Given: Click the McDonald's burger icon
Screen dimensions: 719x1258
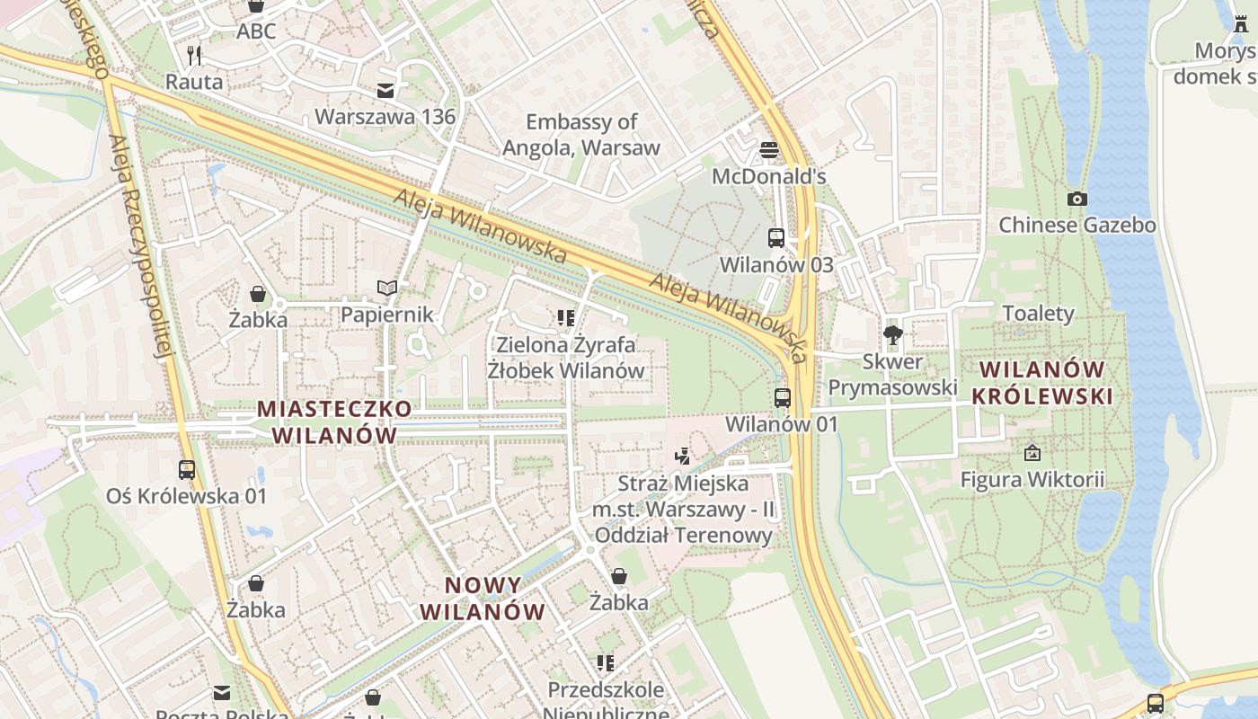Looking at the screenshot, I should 768,148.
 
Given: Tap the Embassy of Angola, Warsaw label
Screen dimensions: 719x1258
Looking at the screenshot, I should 581,135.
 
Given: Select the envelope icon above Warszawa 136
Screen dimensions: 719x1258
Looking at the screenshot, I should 385,91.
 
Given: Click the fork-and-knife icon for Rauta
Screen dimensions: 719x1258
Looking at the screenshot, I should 194,56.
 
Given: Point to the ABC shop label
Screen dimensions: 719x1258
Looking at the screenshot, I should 256,31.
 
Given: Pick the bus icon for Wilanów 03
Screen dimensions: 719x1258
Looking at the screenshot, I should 776,238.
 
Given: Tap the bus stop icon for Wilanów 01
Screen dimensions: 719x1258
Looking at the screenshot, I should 783,397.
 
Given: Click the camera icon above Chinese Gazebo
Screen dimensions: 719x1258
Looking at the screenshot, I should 1076,199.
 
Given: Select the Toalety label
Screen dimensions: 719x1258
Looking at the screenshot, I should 1038,314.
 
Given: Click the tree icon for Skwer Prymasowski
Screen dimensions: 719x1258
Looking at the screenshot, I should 892,336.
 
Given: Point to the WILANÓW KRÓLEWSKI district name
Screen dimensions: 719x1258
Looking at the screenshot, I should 1041,383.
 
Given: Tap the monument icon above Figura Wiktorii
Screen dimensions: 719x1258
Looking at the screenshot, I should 1032,453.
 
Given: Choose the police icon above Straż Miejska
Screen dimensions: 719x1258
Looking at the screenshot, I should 683,457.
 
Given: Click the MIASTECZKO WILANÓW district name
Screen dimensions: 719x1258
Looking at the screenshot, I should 335,422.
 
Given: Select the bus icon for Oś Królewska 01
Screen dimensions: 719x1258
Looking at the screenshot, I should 187,469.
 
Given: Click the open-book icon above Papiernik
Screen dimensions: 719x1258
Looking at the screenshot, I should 387,288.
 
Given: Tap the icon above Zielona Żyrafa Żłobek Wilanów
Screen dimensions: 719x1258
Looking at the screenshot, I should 565,317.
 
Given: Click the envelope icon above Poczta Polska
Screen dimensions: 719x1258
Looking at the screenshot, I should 221,693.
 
